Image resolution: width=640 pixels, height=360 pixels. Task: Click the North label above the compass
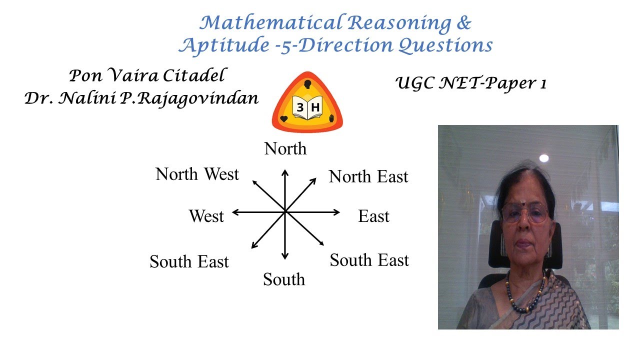click(x=285, y=148)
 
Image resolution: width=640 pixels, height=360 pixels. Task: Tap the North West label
click(x=197, y=174)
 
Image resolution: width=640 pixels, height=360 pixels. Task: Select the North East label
click(x=368, y=176)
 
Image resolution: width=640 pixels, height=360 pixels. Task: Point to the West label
click(x=206, y=216)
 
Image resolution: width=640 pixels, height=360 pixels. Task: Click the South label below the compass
click(x=284, y=279)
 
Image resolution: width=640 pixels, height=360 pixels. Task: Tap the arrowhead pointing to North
click(x=285, y=172)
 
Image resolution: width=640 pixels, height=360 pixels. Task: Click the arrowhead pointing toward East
click(x=338, y=212)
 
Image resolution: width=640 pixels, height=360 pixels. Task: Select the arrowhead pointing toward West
click(x=234, y=212)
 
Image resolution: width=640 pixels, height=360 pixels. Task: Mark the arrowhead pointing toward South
click(x=285, y=256)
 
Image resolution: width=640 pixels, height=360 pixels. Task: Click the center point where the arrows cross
click(x=285, y=212)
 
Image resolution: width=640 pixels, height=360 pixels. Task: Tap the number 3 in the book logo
click(x=300, y=107)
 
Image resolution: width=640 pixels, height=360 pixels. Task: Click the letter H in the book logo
click(x=315, y=107)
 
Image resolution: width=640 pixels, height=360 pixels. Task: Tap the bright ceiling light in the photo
click(x=543, y=158)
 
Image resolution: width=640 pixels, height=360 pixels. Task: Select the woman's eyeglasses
click(x=525, y=213)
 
